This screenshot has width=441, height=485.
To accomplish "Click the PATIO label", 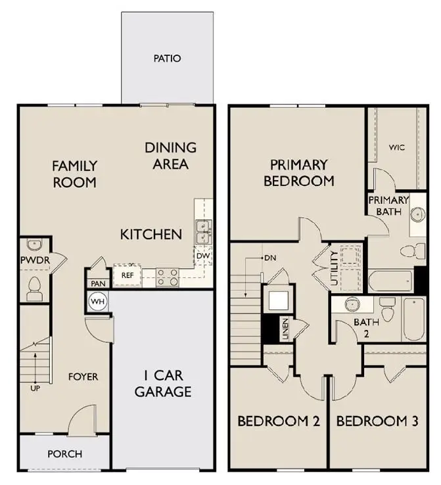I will pos(167,58).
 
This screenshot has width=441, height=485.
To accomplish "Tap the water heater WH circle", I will pos(98,302).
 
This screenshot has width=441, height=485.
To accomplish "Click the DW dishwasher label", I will pos(202,256).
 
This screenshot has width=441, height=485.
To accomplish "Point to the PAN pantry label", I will pos(97,283).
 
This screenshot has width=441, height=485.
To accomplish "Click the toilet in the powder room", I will pos(34,285).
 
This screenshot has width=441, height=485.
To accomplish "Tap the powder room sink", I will pos(34,245).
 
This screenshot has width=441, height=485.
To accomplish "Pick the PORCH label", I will pos(64,453).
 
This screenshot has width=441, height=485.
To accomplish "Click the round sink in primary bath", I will pos(417,214).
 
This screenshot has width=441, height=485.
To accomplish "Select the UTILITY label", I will pos(335,268).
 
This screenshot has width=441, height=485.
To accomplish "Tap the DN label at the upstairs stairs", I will pos(269,258).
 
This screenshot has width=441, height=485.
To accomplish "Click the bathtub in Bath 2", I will pos(414,319).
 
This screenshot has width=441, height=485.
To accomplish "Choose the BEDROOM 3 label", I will pos(377,421).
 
